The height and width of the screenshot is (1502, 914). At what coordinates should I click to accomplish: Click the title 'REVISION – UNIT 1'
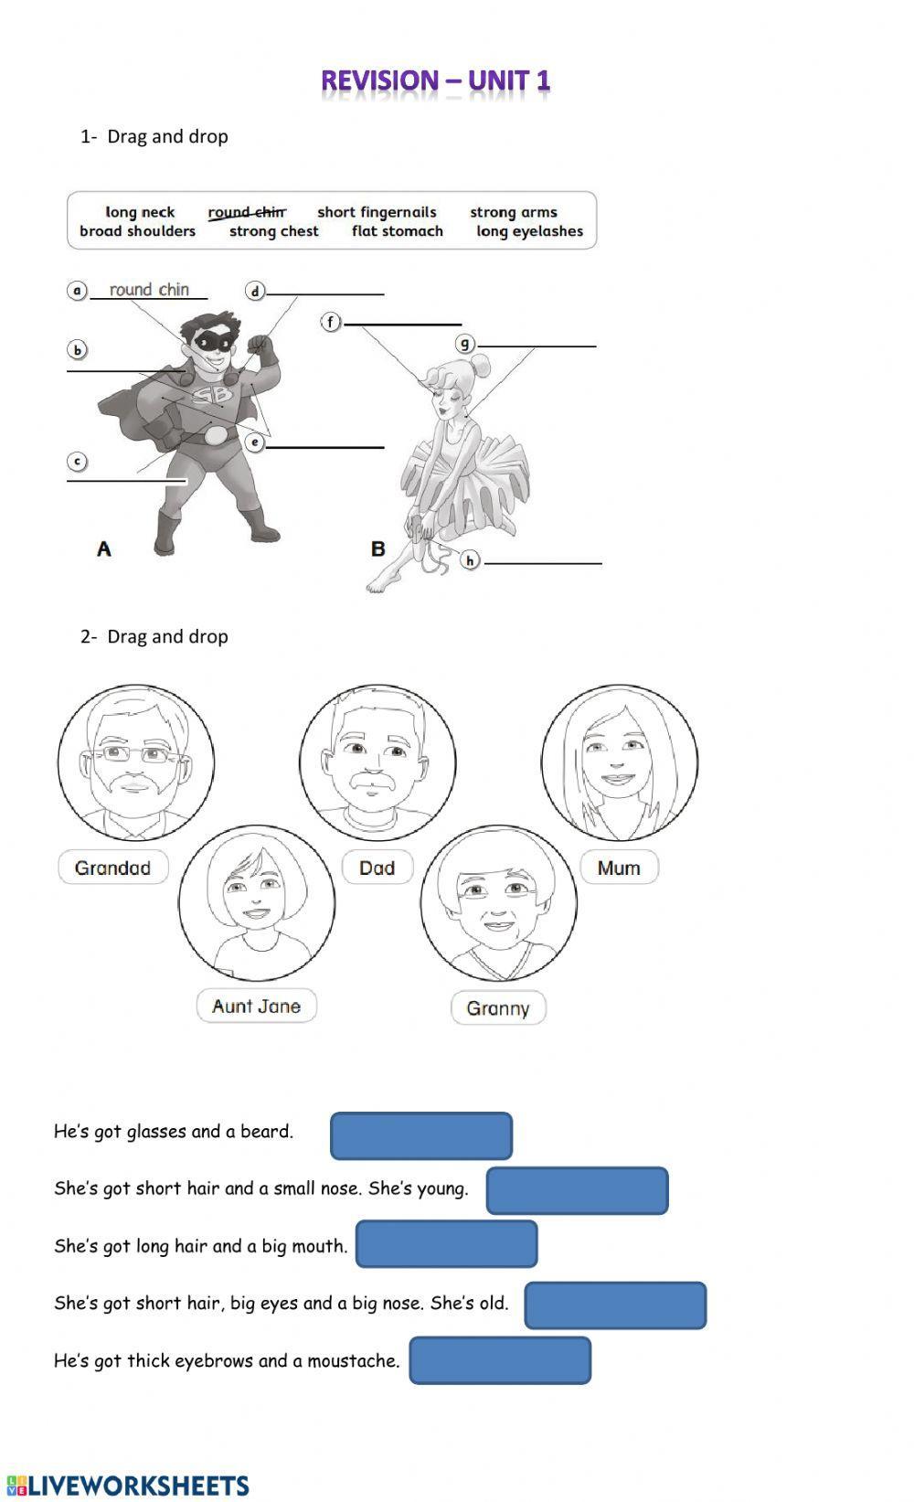point(435,81)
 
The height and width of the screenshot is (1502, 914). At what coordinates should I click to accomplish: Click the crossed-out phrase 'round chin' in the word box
point(247,212)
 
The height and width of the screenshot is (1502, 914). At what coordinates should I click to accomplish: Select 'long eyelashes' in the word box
point(529,231)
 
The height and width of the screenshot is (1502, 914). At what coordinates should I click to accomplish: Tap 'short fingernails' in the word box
point(377,212)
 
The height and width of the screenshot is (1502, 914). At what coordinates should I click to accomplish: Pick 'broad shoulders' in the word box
point(137,231)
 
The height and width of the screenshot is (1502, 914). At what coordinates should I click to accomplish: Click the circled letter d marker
point(255,291)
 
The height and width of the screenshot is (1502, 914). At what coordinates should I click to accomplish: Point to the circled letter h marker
point(470,559)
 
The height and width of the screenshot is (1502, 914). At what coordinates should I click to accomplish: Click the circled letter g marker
point(466,343)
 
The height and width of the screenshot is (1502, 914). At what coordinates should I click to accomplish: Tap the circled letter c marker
point(78,462)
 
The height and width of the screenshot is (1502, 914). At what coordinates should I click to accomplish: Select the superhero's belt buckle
point(215,435)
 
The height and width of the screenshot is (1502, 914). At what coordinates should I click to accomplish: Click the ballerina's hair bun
point(479,368)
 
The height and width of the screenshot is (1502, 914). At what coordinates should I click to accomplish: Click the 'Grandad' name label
point(113,868)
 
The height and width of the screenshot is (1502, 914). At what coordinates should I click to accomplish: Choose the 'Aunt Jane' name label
point(256,1006)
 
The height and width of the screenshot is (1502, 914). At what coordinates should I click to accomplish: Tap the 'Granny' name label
point(498,1007)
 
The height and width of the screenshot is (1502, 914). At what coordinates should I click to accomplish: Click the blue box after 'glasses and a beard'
point(420,1135)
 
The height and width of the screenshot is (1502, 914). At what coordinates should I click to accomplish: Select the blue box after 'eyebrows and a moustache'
point(500,1360)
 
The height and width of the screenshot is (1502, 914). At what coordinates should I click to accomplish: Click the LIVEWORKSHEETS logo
point(128,1485)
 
